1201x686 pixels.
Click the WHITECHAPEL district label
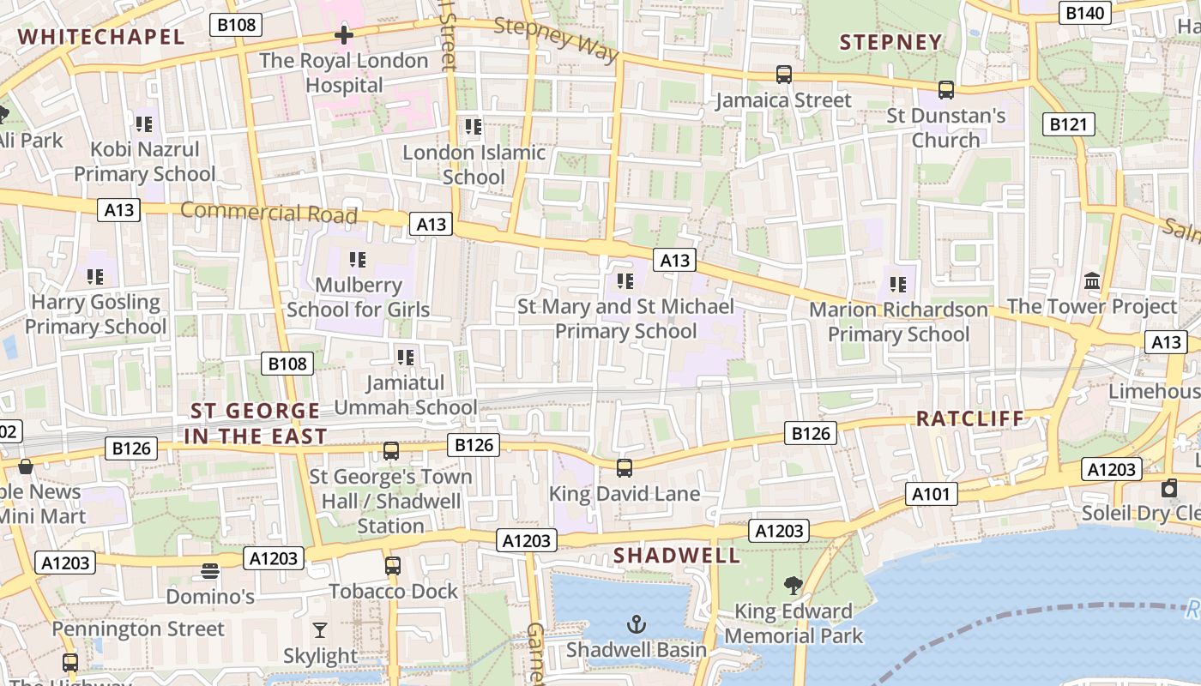click(x=101, y=37)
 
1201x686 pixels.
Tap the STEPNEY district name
click(x=890, y=42)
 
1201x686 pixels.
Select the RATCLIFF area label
click(x=970, y=418)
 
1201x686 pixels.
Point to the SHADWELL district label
click(x=677, y=556)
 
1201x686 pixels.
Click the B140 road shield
click(x=1087, y=12)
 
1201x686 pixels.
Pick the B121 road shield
click(x=1069, y=124)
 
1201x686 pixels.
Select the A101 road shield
click(x=931, y=494)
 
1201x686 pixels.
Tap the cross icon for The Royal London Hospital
click(x=344, y=35)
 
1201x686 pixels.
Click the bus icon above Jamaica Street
click(x=784, y=75)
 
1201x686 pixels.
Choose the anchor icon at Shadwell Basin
click(x=637, y=623)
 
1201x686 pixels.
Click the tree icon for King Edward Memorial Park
click(x=794, y=586)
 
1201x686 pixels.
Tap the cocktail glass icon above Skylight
click(x=320, y=630)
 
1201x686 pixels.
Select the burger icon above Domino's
click(x=210, y=570)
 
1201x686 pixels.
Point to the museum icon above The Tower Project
click(x=1092, y=280)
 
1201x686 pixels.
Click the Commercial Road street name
click(x=269, y=213)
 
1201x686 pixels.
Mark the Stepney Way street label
click(x=557, y=39)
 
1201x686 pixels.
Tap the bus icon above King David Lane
click(x=625, y=468)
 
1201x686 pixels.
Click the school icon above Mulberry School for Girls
click(x=358, y=259)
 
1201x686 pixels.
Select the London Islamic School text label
click(x=474, y=165)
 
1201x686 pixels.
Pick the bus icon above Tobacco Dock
click(x=393, y=566)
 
